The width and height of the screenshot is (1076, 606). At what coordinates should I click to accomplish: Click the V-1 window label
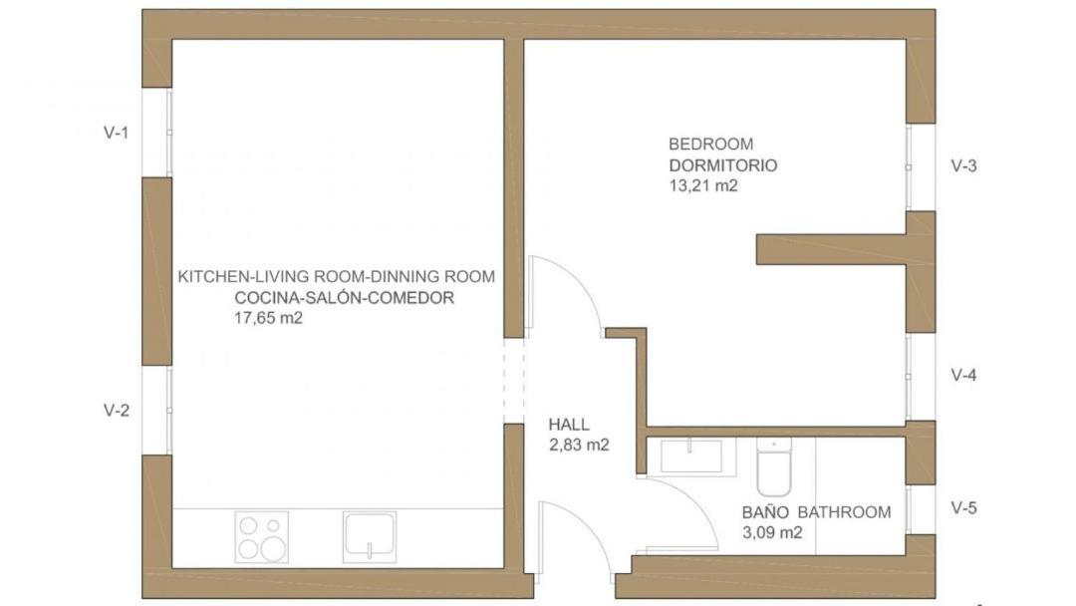(116, 133)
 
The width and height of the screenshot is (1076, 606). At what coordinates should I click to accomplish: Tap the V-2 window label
(116, 411)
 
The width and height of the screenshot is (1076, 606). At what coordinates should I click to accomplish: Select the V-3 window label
(963, 165)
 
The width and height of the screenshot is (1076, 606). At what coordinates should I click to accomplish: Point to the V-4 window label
(963, 375)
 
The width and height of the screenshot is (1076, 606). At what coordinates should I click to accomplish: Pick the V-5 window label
(963, 508)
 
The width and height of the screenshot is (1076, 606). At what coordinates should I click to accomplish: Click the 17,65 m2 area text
(268, 318)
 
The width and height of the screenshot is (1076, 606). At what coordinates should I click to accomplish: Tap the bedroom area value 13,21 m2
(703, 185)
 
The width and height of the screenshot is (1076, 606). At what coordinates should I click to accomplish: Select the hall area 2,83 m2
(579, 445)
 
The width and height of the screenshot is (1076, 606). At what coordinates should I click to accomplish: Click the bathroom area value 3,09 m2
(772, 532)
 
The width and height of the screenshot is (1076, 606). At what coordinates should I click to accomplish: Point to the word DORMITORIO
(723, 165)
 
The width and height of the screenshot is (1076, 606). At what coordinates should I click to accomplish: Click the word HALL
(569, 425)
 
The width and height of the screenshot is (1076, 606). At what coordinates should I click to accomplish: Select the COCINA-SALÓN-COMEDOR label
(345, 298)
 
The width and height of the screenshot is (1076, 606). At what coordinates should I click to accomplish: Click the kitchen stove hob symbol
(261, 537)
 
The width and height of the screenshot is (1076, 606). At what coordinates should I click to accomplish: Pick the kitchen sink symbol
(370, 536)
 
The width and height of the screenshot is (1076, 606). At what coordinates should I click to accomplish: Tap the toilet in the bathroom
(774, 466)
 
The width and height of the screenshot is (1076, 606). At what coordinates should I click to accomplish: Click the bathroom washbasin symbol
(690, 456)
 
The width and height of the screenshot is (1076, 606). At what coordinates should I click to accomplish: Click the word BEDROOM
(701, 145)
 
